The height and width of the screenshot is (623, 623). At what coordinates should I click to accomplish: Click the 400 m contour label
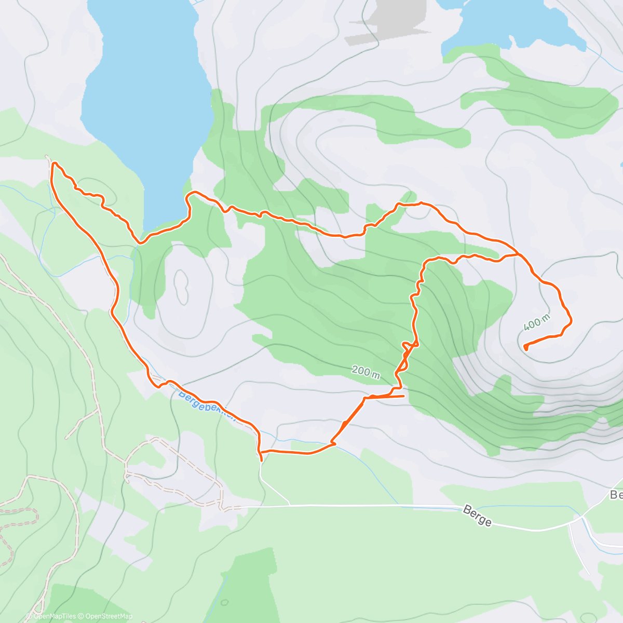pyautogui.click(x=536, y=322)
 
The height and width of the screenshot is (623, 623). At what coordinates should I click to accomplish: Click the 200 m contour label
pyautogui.click(x=365, y=371)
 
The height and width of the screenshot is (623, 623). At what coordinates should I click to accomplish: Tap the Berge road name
pyautogui.click(x=477, y=517)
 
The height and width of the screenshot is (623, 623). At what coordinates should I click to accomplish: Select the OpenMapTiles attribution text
pyautogui.click(x=54, y=616)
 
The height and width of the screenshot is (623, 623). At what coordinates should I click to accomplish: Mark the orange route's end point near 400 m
pyautogui.click(x=526, y=347)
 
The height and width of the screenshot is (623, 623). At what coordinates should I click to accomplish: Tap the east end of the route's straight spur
pyautogui.click(x=403, y=396)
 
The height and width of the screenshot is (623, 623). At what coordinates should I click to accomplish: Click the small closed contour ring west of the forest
pyautogui.click(x=182, y=286)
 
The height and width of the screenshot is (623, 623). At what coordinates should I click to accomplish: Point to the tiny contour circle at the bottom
pyautogui.click(x=224, y=603)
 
